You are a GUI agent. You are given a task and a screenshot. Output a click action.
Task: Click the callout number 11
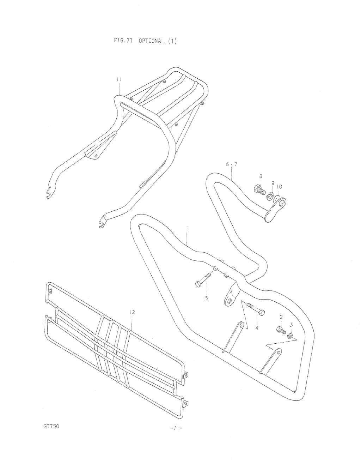coord(119,79)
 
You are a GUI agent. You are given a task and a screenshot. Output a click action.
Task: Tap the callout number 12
coord(132,312)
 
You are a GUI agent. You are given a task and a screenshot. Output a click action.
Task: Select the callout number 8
coord(261,176)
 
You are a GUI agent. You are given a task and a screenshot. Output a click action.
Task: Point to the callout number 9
coord(273,183)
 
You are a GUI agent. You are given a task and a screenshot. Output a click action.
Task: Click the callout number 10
coord(279,187)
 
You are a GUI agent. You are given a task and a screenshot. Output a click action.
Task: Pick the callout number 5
coord(206,298)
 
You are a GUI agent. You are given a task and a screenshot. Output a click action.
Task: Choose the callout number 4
coord(257,328)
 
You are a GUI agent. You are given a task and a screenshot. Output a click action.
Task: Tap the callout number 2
coord(281,317)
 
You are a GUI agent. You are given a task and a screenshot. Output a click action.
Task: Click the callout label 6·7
coord(231,164)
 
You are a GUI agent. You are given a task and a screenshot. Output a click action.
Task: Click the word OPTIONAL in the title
coord(152,41)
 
